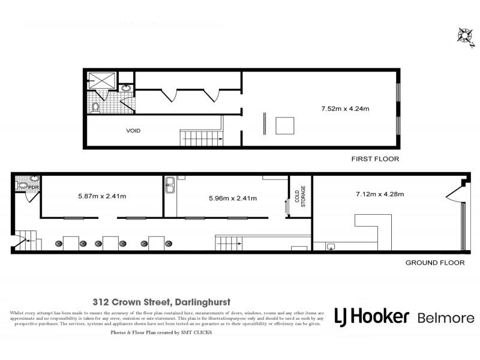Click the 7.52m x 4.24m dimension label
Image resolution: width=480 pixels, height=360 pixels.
point(344,109)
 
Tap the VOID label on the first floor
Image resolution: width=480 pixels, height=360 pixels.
point(133,130)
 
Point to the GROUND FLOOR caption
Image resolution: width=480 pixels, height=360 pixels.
point(435,263)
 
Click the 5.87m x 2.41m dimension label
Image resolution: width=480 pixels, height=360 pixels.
point(102,196)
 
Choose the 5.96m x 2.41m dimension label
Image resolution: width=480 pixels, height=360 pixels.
point(232,198)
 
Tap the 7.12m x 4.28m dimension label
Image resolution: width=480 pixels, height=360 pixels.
point(379,194)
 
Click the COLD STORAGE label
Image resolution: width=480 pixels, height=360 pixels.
point(301,196)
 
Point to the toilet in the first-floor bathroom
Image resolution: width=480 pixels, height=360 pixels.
point(95,108)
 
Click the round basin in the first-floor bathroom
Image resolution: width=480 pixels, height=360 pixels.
point(127,88)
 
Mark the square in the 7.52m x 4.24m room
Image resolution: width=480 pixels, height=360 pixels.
point(285,125)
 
